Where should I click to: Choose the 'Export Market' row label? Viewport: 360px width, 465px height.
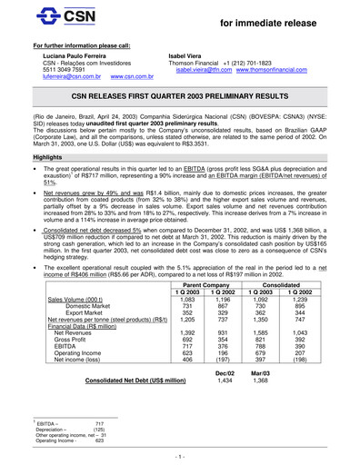[80, 313]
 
